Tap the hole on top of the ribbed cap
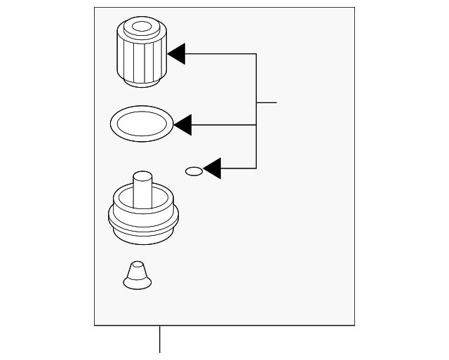point(141,28)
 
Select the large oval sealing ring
point(142,125)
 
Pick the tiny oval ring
point(194,171)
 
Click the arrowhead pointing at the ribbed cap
point(176,54)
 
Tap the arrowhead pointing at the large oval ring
point(182,125)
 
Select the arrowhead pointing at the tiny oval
point(212,168)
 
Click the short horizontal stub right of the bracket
point(267,102)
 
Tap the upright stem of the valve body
point(143,188)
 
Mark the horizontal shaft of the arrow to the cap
point(221,54)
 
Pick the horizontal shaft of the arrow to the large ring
point(224,125)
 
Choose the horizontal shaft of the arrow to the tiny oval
point(239,168)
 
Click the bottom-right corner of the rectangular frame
point(354,325)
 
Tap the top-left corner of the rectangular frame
point(95,8)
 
